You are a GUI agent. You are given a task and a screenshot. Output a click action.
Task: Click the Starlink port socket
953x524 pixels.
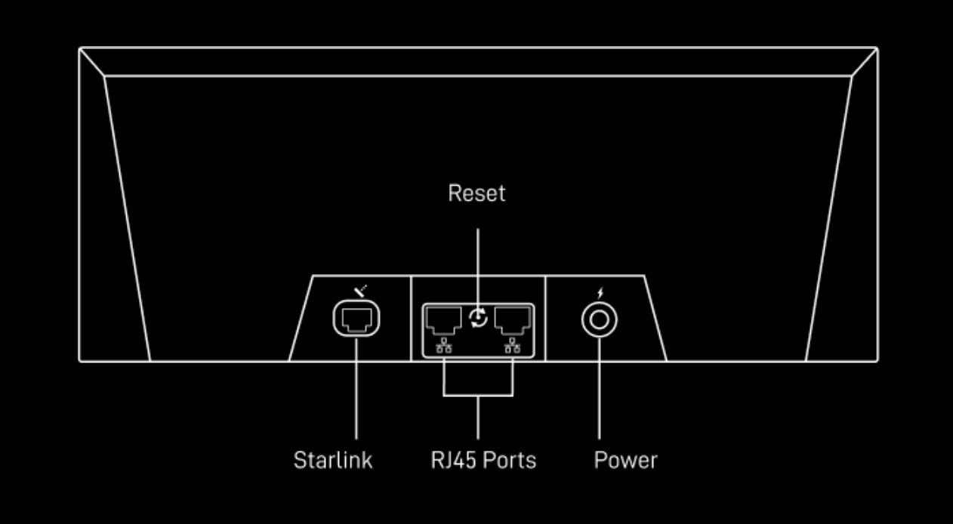click(x=356, y=320)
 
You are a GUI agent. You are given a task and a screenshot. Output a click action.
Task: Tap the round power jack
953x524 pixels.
click(x=600, y=321)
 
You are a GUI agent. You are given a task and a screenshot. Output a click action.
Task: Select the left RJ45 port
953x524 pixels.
click(x=443, y=320)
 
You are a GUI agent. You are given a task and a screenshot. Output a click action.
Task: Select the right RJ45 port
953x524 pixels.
click(x=514, y=320)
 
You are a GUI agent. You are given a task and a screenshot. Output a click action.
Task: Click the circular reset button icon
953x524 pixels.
click(x=478, y=319)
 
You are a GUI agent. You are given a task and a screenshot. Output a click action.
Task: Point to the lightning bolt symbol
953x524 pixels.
click(x=600, y=292)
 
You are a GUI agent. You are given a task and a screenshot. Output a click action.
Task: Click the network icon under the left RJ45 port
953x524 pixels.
click(x=443, y=347)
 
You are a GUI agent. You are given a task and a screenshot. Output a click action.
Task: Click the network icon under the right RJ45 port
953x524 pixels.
click(x=514, y=347)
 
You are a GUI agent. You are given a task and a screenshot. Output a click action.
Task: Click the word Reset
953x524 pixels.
click(x=476, y=193)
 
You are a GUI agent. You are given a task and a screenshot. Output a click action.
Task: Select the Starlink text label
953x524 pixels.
click(x=333, y=460)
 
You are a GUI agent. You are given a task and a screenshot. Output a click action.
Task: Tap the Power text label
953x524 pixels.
click(x=625, y=460)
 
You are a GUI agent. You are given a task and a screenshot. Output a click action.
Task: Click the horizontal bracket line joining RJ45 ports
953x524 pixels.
click(x=478, y=395)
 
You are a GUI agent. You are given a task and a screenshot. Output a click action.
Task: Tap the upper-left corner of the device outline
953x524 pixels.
click(x=80, y=48)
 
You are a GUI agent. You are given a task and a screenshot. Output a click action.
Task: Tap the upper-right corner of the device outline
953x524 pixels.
click(x=877, y=48)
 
